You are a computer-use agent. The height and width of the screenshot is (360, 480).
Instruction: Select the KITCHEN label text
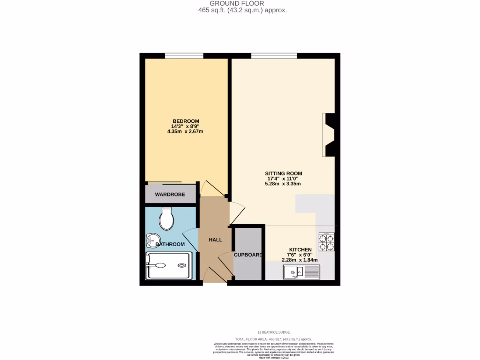click(x=300, y=250)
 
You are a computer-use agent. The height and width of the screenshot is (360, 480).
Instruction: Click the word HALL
click(x=216, y=240)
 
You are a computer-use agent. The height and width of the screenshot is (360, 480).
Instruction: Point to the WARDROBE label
click(x=170, y=194)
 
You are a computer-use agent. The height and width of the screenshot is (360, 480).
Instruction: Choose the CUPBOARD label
click(x=248, y=255)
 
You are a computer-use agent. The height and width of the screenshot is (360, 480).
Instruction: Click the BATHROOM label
click(x=170, y=244)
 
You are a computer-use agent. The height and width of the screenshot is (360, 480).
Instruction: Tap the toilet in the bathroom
click(x=166, y=218)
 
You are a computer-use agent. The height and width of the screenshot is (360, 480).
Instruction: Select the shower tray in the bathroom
click(x=169, y=266)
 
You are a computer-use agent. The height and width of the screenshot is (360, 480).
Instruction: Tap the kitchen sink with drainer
click(x=301, y=271)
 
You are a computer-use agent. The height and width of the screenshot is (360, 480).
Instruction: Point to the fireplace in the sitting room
click(x=329, y=135)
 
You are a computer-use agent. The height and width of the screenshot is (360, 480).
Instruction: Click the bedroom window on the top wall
click(x=184, y=56)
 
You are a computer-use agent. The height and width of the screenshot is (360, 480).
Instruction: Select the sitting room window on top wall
click(x=274, y=56)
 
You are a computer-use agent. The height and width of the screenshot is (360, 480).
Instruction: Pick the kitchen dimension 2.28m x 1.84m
click(x=300, y=260)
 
